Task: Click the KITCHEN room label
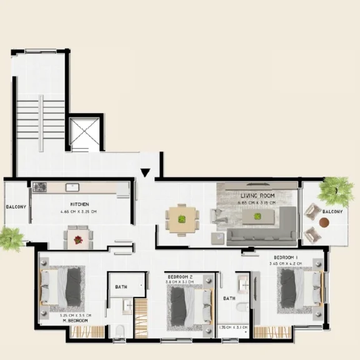click(79, 204)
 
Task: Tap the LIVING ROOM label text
click(257, 196)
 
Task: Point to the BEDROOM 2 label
click(180, 276)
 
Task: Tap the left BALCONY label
click(16, 206)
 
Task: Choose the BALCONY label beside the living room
click(332, 211)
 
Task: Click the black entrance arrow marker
click(146, 173)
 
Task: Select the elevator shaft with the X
click(84, 133)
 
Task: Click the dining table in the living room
click(182, 219)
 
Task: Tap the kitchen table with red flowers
click(78, 237)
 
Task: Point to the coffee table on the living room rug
click(257, 217)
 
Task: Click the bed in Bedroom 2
click(187, 306)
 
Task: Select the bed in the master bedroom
click(62, 286)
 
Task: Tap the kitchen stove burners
click(39, 186)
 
